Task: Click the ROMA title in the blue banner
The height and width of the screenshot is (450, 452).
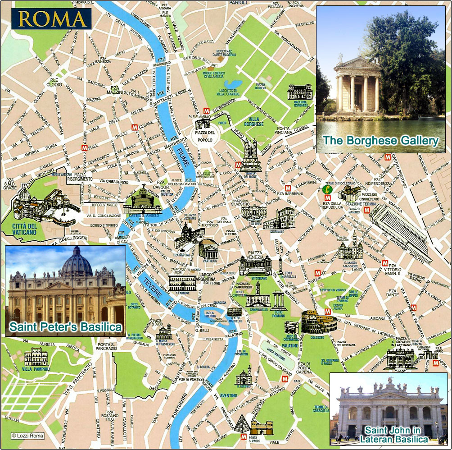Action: click(x=53, y=18)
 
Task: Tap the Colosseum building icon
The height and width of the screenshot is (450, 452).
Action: click(x=319, y=322)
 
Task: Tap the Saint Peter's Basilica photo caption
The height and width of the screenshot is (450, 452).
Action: click(x=66, y=326)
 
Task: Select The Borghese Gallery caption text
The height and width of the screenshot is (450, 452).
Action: click(x=380, y=141)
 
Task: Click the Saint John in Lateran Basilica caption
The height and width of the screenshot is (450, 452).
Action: click(x=389, y=434)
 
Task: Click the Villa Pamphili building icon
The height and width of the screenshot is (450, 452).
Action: click(x=36, y=357)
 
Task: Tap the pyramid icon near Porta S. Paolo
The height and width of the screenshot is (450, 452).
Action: click(x=244, y=423)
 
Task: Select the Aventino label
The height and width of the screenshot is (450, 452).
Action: click(x=229, y=395)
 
